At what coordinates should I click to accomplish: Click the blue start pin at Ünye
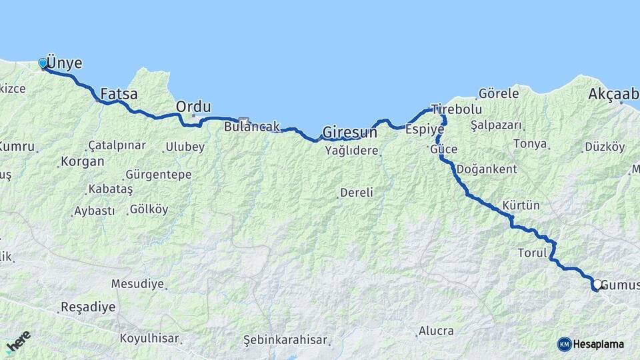43,63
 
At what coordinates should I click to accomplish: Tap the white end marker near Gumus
598,284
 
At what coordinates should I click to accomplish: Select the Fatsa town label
119,94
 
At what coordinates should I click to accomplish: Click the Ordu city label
193,107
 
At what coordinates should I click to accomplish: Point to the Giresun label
349,131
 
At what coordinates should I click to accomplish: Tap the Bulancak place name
251,126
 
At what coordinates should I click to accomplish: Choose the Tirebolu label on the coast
456,109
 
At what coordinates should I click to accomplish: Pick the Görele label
498,94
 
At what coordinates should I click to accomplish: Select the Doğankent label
487,169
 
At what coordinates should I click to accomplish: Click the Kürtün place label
521,205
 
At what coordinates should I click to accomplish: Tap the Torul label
532,253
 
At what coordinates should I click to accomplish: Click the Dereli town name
357,193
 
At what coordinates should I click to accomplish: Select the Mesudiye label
137,284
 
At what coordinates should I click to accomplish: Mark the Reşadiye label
87,307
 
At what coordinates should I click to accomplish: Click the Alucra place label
436,331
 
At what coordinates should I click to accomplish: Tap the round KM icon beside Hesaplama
564,344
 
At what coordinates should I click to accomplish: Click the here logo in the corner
18,342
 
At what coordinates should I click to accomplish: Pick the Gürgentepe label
158,175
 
